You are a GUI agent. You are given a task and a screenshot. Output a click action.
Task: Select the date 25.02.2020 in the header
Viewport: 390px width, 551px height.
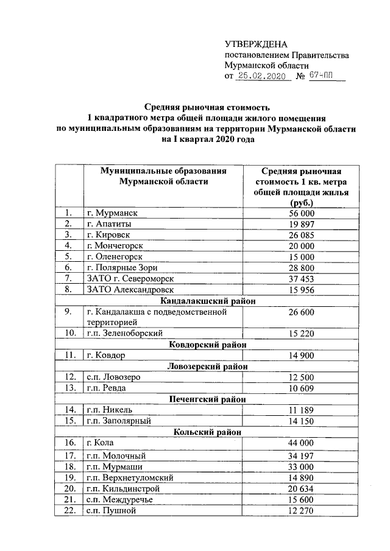point(261,77)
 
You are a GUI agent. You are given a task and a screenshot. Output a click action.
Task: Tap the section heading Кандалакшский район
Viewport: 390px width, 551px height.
point(207,301)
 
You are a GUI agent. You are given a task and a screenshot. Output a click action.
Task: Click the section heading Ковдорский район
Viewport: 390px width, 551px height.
point(207,345)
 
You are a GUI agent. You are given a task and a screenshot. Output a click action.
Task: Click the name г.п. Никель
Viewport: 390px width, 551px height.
point(109,410)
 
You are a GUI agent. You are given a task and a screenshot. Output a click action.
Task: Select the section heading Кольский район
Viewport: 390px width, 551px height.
point(207,432)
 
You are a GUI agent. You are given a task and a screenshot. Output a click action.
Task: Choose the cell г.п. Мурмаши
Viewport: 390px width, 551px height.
point(112,466)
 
